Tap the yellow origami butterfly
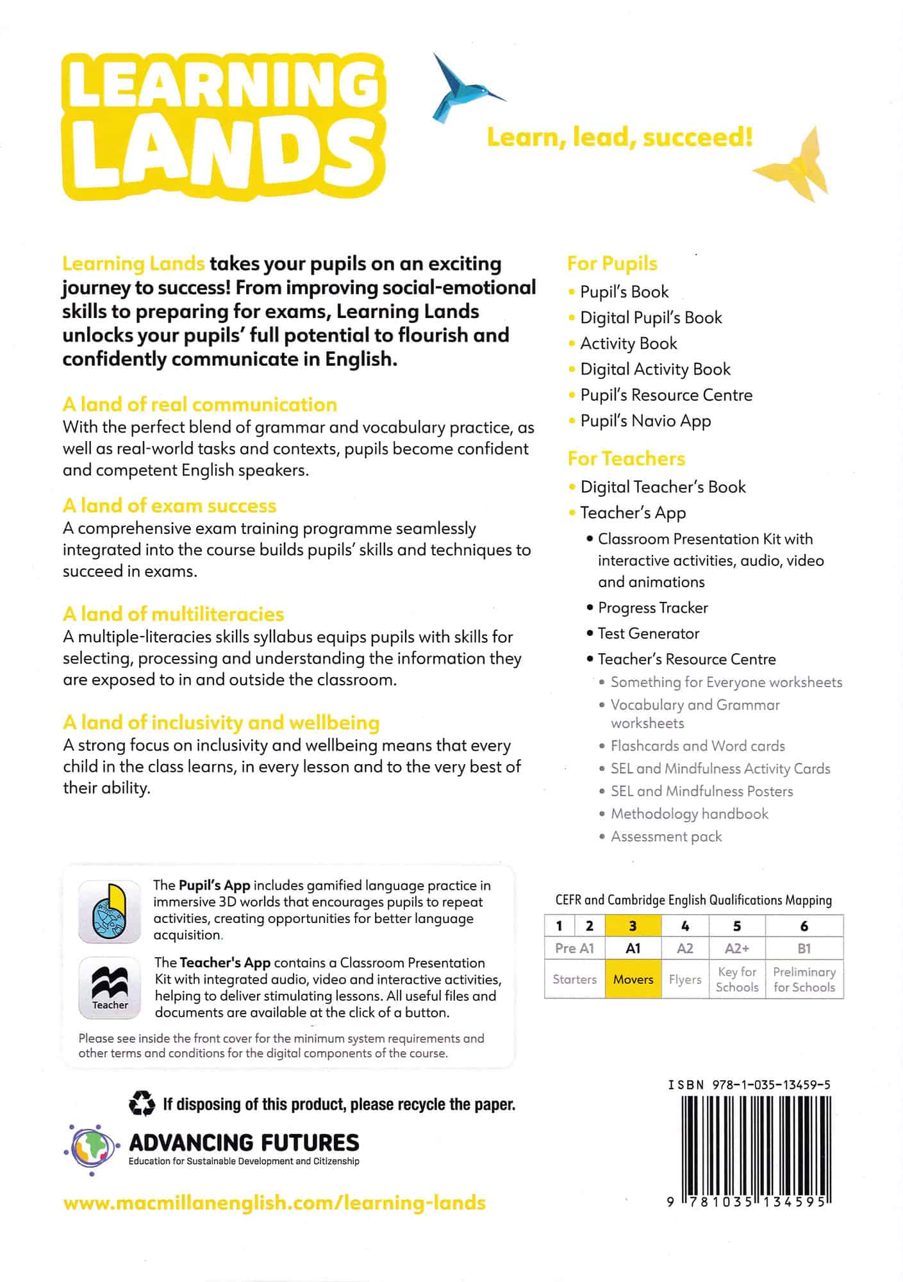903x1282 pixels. tap(795, 166)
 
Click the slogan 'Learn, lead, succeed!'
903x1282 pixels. tap(620, 137)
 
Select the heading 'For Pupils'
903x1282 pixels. tap(612, 263)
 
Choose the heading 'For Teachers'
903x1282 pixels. tap(626, 458)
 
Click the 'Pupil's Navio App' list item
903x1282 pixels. tap(645, 420)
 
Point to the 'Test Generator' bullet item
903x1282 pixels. tap(648, 633)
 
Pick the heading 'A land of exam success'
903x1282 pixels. tap(169, 506)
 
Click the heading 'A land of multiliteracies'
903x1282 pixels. tap(173, 614)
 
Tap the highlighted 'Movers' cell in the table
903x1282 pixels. tap(633, 979)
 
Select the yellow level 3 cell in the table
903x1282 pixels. tap(633, 926)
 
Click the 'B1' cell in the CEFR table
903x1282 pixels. tap(804, 949)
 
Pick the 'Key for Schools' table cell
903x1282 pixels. tap(736, 979)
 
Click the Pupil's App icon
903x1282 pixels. tap(110, 911)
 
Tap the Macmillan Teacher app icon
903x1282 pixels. tap(110, 988)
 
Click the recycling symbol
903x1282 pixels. tap(142, 1104)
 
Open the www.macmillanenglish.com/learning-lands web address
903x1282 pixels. tap(274, 1203)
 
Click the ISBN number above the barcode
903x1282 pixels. tap(749, 1085)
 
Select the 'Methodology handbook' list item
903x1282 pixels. tap(689, 814)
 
